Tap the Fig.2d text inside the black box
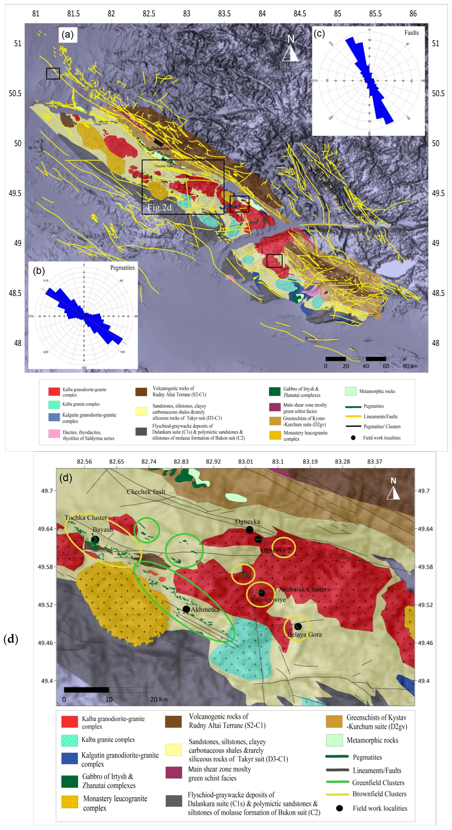[x=159, y=208]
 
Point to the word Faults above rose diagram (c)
[x=411, y=33]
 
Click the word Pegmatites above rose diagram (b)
[x=122, y=268]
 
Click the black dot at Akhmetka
[x=186, y=609]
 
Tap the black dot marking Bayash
[x=95, y=539]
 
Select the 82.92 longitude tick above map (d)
[x=213, y=461]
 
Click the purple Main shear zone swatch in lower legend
[x=174, y=773]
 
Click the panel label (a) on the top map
[x=67, y=34]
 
